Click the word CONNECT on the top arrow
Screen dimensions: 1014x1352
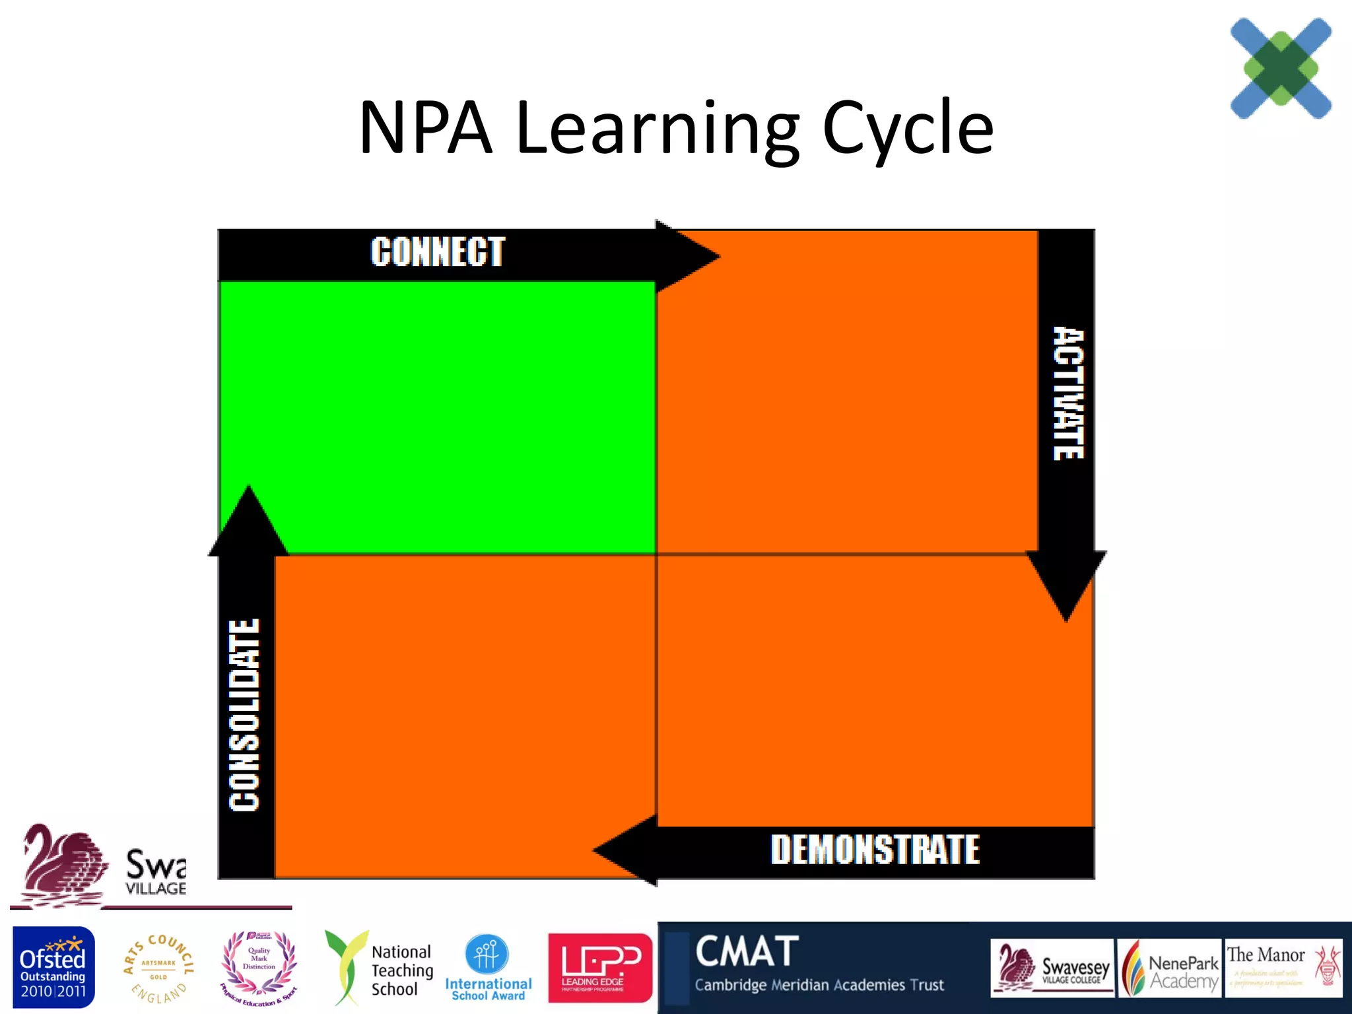(x=438, y=252)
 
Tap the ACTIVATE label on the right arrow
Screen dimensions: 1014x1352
(x=1067, y=393)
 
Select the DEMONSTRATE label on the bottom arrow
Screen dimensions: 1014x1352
(x=875, y=850)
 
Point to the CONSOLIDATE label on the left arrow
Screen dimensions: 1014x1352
(x=244, y=715)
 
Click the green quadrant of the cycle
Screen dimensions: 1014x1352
(x=437, y=416)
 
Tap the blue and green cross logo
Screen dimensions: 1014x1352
(x=1281, y=68)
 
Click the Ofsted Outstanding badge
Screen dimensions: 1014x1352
(x=53, y=967)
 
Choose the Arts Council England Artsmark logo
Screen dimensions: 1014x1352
(x=158, y=968)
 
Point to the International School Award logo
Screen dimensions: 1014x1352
(x=488, y=968)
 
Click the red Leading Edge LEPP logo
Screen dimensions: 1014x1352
(x=599, y=967)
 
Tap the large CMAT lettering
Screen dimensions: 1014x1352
(x=747, y=951)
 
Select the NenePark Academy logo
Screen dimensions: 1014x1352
(x=1169, y=968)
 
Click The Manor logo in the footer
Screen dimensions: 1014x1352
(x=1283, y=968)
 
